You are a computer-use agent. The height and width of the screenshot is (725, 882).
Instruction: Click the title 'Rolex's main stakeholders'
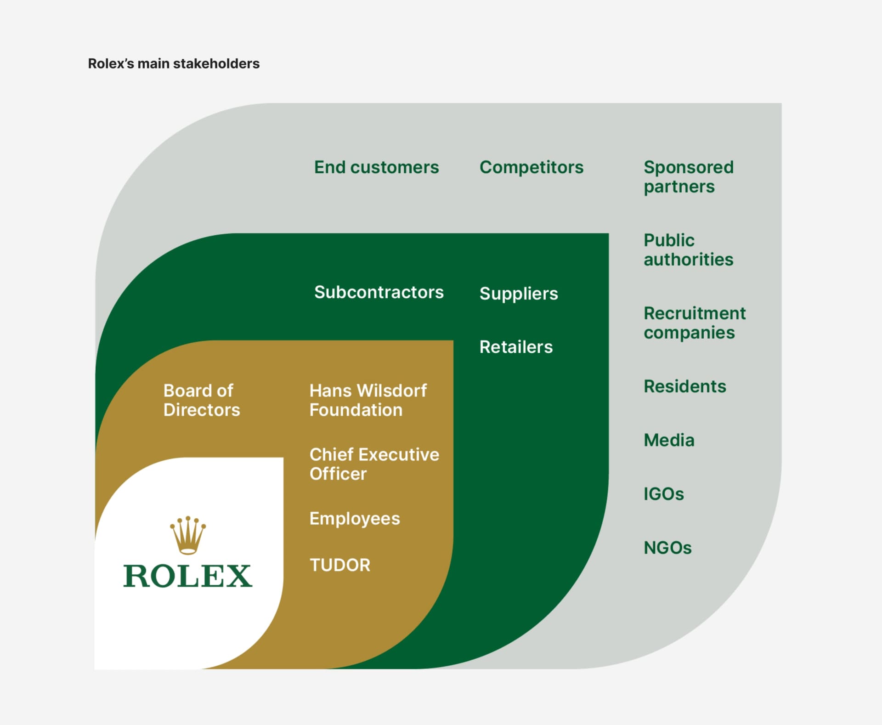click(x=174, y=63)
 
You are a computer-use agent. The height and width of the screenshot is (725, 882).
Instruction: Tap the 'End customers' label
click(x=376, y=167)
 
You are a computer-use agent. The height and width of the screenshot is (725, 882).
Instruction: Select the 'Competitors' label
click(x=531, y=167)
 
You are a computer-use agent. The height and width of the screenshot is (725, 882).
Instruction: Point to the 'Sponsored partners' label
click(x=688, y=177)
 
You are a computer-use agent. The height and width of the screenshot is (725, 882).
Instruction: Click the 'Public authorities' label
click(x=688, y=250)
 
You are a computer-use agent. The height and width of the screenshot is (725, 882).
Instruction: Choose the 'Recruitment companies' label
click(x=694, y=323)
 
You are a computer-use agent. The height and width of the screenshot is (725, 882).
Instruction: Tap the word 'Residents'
click(x=684, y=386)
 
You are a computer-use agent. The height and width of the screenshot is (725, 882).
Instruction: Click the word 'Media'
click(x=669, y=440)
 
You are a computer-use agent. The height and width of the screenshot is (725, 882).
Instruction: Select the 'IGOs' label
click(x=663, y=494)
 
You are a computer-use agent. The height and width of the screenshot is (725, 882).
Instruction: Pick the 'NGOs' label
click(x=667, y=548)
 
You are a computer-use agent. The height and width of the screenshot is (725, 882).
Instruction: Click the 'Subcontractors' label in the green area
click(x=379, y=292)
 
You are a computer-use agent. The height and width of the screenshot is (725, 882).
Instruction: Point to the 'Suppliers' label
click(x=518, y=294)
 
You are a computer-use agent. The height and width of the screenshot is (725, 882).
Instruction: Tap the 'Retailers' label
click(x=516, y=347)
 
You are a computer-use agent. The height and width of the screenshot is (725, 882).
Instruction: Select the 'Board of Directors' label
click(x=201, y=400)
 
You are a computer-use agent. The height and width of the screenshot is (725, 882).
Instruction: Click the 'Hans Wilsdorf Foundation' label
click(x=368, y=400)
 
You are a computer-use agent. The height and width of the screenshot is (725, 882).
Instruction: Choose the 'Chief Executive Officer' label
click(x=374, y=464)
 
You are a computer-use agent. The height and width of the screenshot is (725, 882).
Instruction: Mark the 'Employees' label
click(x=355, y=519)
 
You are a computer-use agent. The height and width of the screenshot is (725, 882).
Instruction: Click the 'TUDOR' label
click(x=340, y=565)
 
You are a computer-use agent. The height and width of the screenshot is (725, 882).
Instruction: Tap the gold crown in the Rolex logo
click(x=188, y=535)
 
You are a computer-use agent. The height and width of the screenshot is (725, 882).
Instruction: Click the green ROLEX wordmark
click(x=187, y=576)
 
